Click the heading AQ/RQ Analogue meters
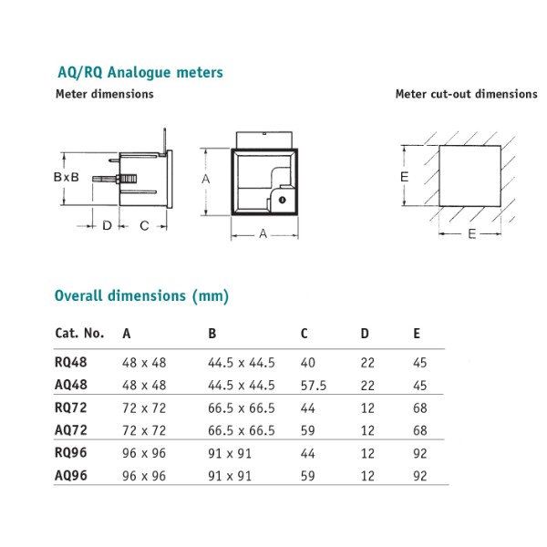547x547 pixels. [139, 72]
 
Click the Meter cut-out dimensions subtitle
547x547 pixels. [466, 94]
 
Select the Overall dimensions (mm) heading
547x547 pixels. [141, 295]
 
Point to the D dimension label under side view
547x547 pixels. [107, 225]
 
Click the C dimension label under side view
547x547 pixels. [143, 225]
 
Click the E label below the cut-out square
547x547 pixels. [471, 234]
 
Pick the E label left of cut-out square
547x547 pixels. [404, 177]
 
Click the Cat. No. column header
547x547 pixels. [79, 334]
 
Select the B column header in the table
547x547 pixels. [212, 334]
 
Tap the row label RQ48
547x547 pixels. [72, 361]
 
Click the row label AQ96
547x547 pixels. [72, 475]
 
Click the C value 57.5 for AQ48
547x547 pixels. [314, 385]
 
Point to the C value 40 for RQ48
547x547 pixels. [307, 361]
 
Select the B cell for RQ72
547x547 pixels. [242, 407]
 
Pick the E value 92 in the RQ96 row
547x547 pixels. [419, 452]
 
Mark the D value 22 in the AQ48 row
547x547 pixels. [367, 385]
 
